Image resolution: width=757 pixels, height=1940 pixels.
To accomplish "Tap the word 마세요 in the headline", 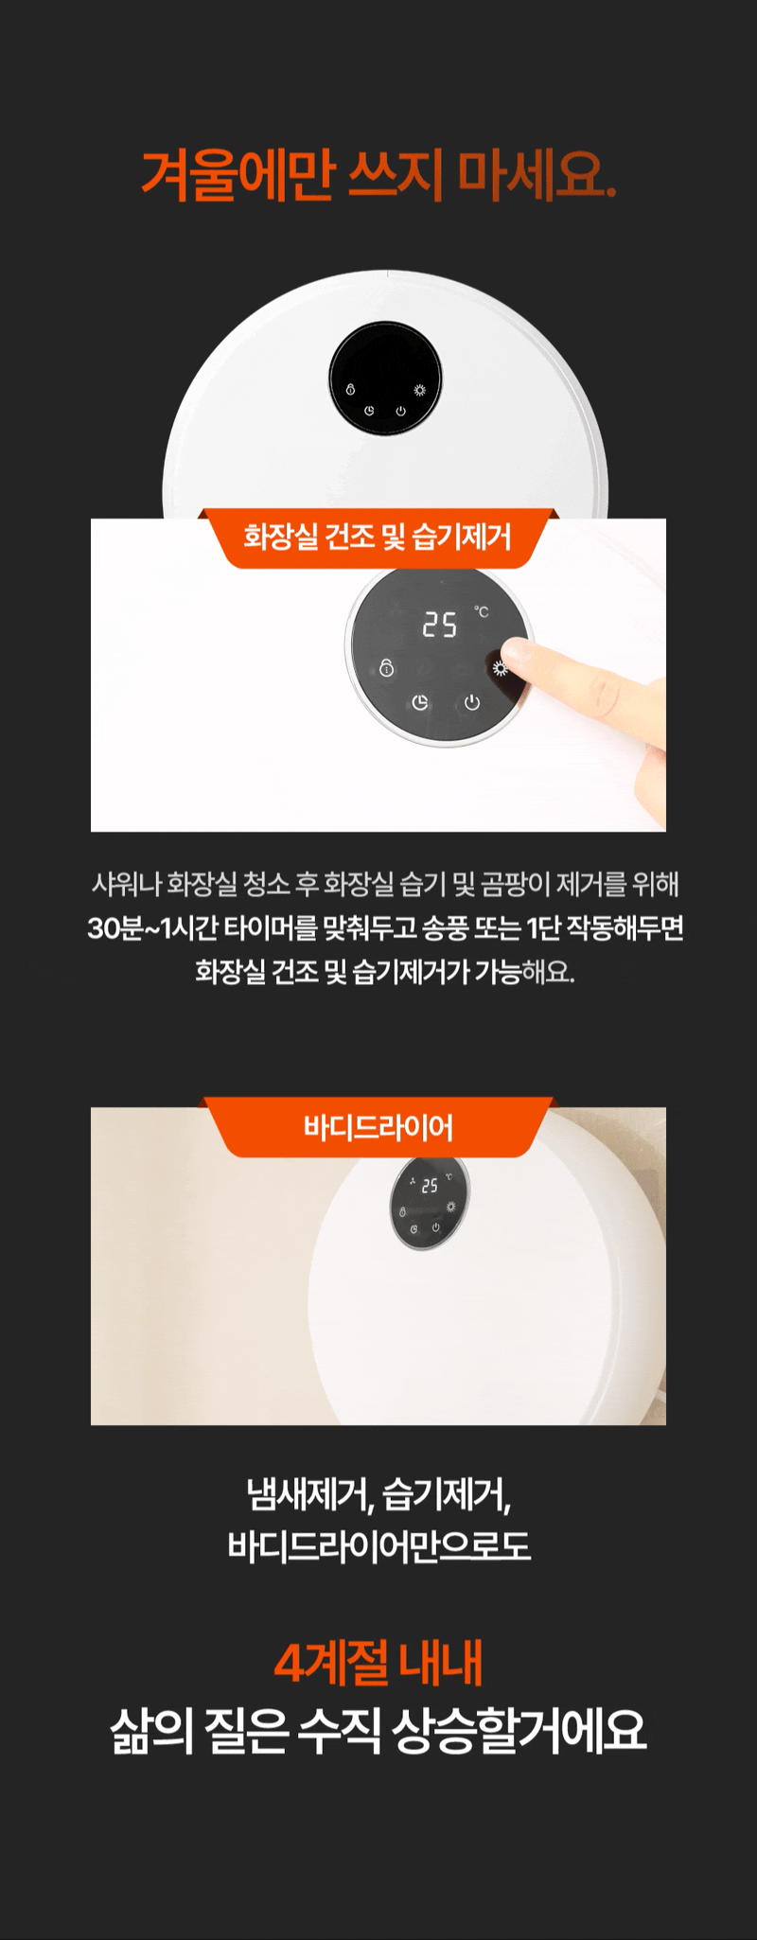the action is [537, 175].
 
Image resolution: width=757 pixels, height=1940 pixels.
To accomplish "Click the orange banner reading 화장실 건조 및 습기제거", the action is [378, 538].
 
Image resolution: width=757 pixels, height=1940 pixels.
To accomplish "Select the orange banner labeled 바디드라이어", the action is [378, 1127].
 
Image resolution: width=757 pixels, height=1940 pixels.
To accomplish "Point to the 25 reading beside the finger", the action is [439, 625].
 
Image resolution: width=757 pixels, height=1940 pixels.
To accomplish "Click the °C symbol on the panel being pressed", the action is [482, 612].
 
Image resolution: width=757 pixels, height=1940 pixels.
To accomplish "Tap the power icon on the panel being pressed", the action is [472, 702].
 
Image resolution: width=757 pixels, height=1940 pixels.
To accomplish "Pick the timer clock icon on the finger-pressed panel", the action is [420, 702].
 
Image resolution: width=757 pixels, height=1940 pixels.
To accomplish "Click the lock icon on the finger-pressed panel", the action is [386, 668].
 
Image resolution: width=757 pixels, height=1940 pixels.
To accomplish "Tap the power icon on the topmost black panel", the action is [400, 411].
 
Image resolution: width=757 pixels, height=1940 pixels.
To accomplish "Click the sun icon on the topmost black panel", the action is [419, 390].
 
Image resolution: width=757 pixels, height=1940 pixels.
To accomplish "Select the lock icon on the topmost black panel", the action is [350, 390].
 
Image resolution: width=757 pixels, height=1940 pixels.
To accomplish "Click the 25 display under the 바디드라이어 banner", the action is [430, 1186].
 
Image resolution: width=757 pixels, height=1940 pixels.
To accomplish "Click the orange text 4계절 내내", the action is [378, 1663].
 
